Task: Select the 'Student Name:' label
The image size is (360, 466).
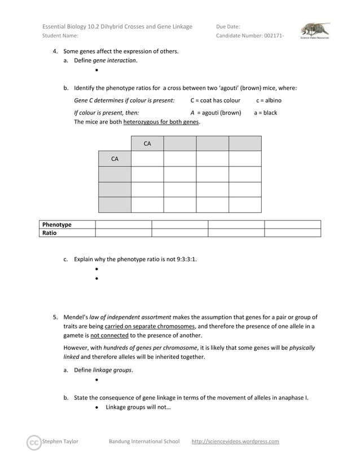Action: point(60,36)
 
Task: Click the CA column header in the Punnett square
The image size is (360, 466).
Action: point(147,144)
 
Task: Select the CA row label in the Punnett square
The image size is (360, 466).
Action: point(115,159)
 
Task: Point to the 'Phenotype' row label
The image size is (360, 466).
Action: point(58,225)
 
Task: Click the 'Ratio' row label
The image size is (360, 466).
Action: point(50,232)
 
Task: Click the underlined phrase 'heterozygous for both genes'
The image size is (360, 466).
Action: point(161,122)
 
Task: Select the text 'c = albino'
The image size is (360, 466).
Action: point(269,100)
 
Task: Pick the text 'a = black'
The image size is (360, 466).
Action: point(265,113)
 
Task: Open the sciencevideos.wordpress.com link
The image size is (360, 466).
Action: point(235,442)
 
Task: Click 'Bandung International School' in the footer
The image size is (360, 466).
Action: point(144,442)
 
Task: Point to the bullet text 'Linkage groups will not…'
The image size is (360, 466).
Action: point(138,407)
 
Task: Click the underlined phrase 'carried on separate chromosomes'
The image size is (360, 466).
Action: point(150,326)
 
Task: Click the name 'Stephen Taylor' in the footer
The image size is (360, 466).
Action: point(60,442)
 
